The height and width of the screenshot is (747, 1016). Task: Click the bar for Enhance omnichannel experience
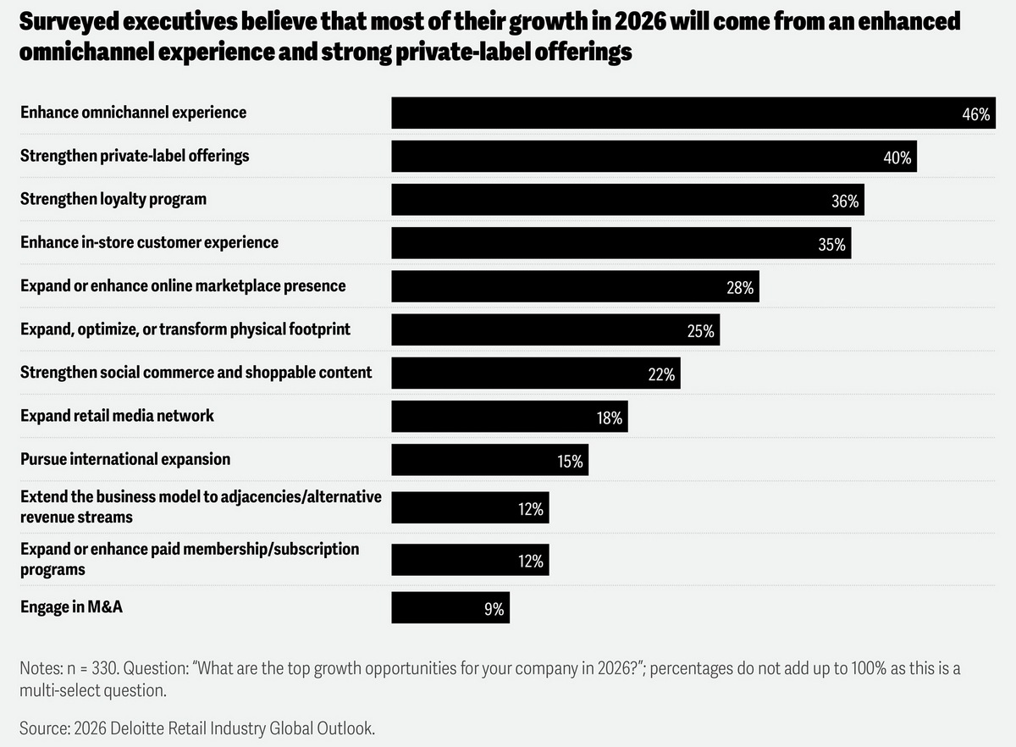click(693, 113)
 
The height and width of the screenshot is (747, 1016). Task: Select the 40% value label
click(897, 158)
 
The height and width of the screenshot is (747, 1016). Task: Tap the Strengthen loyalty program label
click(113, 199)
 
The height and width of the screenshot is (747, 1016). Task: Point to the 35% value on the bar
click(831, 245)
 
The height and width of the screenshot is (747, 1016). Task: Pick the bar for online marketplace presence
click(575, 286)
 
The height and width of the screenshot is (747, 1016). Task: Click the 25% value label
click(700, 332)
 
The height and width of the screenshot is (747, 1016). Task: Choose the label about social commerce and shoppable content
click(196, 372)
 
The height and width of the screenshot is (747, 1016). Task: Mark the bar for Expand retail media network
click(509, 416)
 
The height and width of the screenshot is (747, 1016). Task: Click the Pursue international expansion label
click(125, 459)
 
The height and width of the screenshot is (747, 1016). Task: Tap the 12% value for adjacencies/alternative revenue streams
click(531, 510)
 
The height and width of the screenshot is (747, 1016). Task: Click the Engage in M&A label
click(72, 606)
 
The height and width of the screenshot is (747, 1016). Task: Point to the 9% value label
click(494, 609)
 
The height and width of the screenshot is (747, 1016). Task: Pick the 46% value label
click(976, 114)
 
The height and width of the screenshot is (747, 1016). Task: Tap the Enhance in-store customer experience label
click(149, 242)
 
